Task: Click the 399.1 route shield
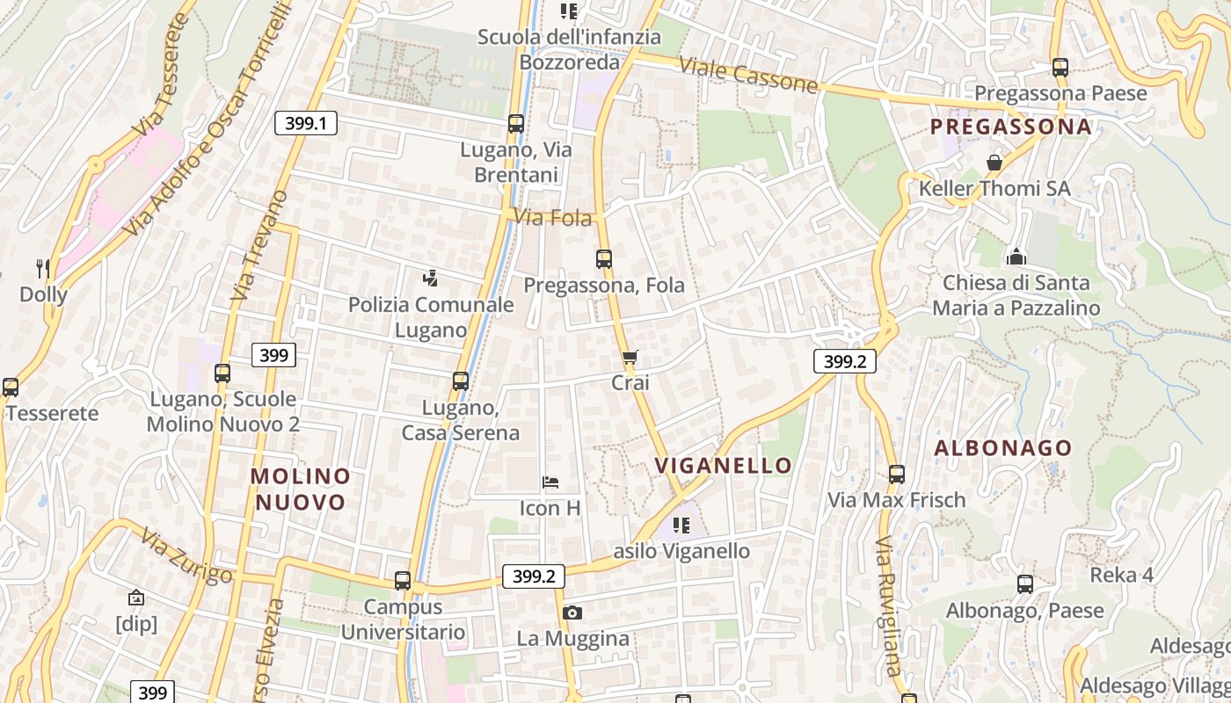tap(306, 123)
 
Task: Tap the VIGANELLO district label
tap(724, 465)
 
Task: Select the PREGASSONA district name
tap(1011, 127)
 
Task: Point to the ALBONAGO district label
tap(1003, 448)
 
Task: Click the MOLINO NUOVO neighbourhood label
tap(301, 489)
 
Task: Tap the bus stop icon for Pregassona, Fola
tap(604, 259)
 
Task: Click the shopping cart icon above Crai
tap(630, 357)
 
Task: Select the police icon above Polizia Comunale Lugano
tap(430, 279)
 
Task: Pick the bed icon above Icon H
tap(550, 482)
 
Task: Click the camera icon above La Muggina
tap(572, 612)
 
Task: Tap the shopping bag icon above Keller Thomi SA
tap(994, 163)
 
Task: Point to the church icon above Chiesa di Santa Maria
tap(1016, 257)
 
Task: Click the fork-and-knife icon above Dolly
tap(42, 268)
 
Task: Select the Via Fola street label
tap(553, 217)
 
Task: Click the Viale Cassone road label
tap(748, 76)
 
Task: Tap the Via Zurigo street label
tap(186, 556)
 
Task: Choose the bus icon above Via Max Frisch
tap(897, 475)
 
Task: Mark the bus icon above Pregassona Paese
tap(1060, 67)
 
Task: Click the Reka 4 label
tap(1122, 576)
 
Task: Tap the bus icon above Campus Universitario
tap(403, 581)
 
